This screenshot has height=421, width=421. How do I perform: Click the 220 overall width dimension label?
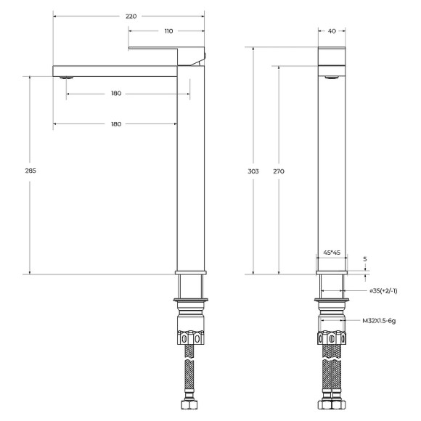point(130,15)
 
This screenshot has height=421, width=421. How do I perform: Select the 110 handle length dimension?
point(168,31)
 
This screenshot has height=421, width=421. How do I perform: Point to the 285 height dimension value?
point(30,171)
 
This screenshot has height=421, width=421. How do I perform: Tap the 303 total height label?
point(253,171)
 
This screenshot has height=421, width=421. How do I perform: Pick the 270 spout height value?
point(279,171)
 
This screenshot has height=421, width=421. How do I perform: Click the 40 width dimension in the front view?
point(332,30)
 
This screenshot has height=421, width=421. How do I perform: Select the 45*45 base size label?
point(332,252)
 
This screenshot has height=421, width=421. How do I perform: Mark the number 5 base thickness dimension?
point(365,258)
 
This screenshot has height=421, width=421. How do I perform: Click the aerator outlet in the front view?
point(332,75)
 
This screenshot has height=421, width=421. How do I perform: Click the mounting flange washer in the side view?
point(192,299)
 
